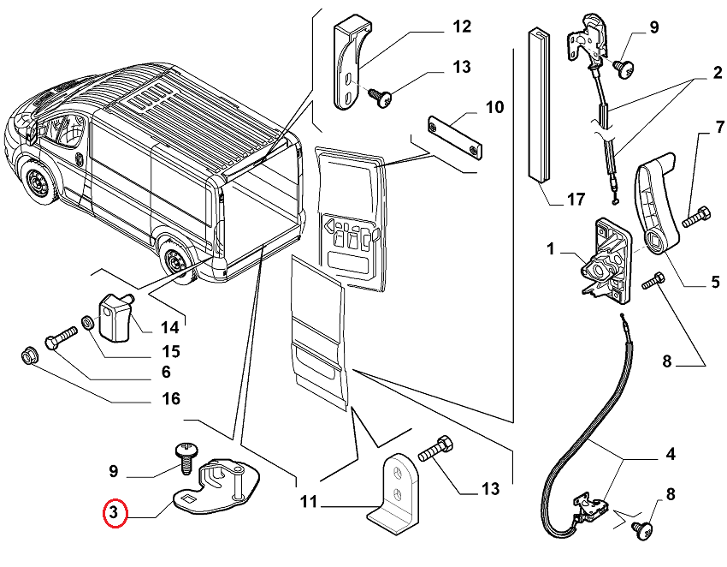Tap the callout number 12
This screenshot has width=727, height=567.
click(461, 27)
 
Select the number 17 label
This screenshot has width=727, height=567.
click(575, 200)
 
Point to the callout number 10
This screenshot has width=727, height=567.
click(494, 107)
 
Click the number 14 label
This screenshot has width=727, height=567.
click(169, 326)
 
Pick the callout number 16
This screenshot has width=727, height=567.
click(170, 398)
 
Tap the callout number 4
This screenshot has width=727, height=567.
click(670, 454)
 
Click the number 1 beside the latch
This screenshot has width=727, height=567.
click(552, 249)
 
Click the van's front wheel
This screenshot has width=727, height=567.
click(38, 184)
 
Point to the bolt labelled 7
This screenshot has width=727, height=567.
click(695, 217)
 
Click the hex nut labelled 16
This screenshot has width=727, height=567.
click(28, 354)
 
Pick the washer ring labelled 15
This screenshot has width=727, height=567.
click(87, 325)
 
